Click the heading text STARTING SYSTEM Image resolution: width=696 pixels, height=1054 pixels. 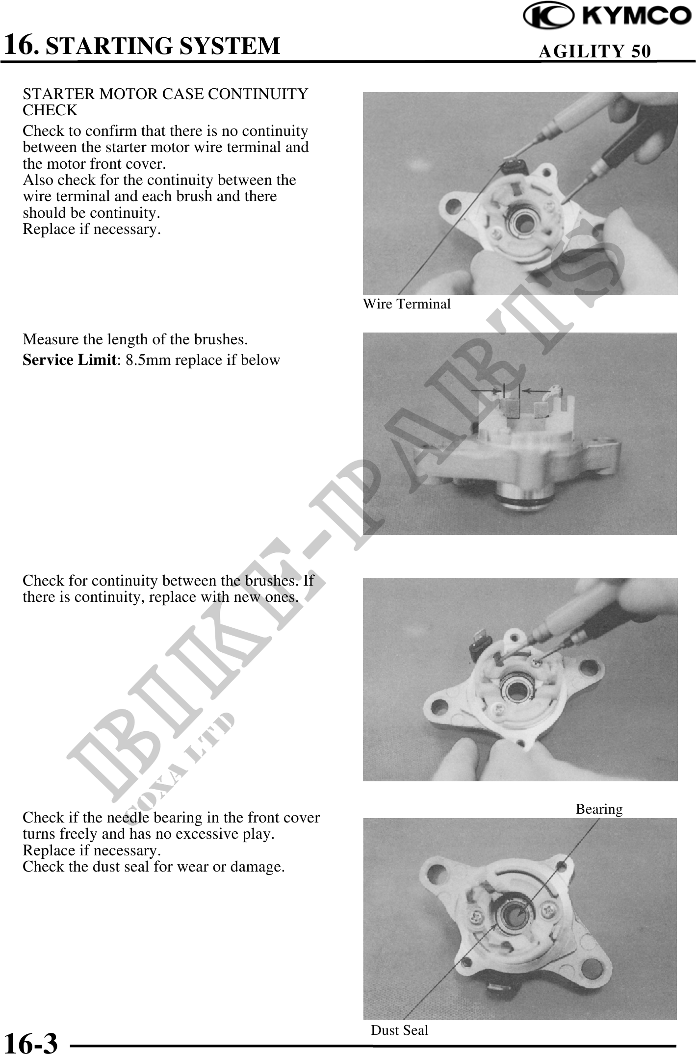pos(166,46)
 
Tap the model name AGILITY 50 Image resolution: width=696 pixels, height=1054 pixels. pos(595,51)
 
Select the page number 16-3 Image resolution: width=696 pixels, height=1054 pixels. pos(31,1040)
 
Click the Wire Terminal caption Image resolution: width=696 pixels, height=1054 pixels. pos(407,304)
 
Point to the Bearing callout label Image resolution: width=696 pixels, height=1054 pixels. pos(599,809)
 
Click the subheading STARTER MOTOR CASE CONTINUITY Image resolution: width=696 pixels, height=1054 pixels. pos(166,94)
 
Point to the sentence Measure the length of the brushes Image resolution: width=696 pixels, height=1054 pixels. pos(135,339)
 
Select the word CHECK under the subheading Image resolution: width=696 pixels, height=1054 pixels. pos(51,110)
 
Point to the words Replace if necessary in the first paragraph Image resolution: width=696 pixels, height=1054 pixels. pos(92,229)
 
